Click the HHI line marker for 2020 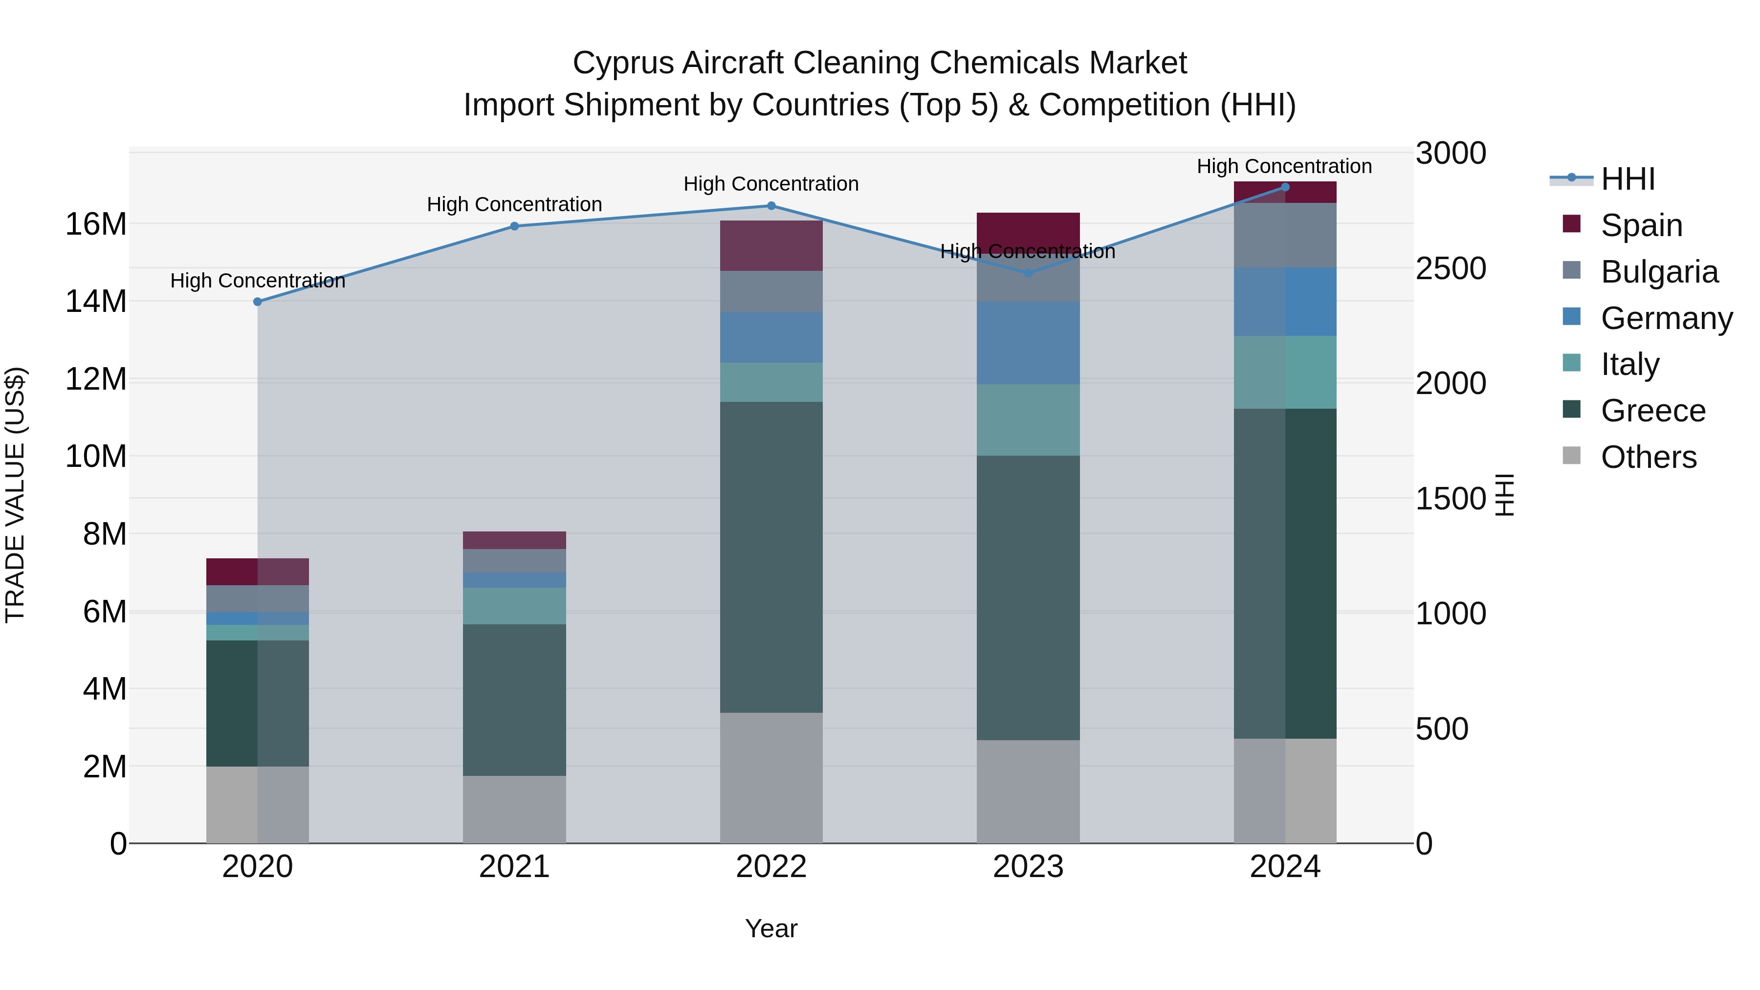(x=258, y=301)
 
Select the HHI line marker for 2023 (x=1028, y=273)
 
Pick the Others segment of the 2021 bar (x=514, y=809)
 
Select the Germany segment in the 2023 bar (x=1028, y=343)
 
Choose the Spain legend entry (x=1641, y=225)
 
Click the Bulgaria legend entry (x=1659, y=272)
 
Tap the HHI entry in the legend (x=1628, y=179)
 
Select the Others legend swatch (x=1571, y=456)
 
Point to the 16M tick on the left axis (x=96, y=224)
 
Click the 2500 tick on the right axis (x=1450, y=268)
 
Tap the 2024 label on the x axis (x=1284, y=867)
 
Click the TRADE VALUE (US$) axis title (x=15, y=495)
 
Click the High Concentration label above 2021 (x=514, y=204)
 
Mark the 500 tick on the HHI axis (x=1442, y=729)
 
